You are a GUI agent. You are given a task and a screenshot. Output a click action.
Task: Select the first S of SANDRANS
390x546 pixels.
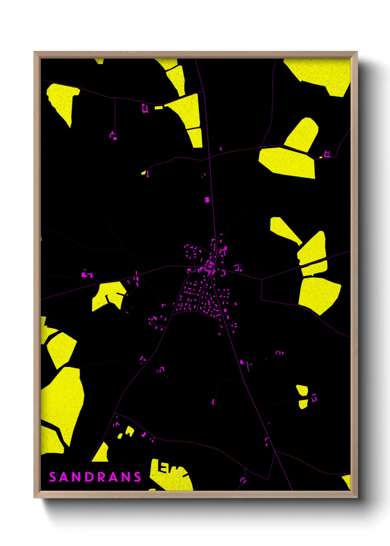(52, 477)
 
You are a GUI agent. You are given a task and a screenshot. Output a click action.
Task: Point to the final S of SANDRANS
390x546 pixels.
(137, 477)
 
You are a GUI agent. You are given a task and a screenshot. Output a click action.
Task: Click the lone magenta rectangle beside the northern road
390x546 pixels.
(207, 200)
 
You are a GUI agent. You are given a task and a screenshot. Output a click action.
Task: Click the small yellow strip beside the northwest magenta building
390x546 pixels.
(159, 108)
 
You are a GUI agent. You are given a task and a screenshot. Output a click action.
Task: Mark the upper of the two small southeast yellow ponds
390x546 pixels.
(302, 390)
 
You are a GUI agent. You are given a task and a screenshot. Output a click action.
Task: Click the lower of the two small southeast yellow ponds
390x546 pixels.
(303, 404)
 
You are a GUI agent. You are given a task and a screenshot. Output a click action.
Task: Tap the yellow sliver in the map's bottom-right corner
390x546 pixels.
(347, 481)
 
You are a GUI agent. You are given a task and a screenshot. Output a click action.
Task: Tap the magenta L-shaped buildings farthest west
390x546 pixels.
(87, 274)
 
